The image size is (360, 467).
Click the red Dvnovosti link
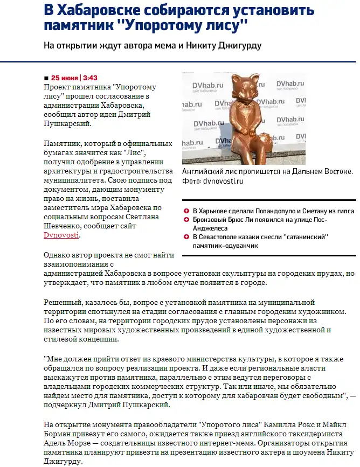pos(61,235)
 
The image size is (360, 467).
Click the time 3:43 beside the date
pos(90,78)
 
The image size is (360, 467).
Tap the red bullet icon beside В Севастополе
pos(186,236)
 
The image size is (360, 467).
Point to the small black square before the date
pos(46,78)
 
